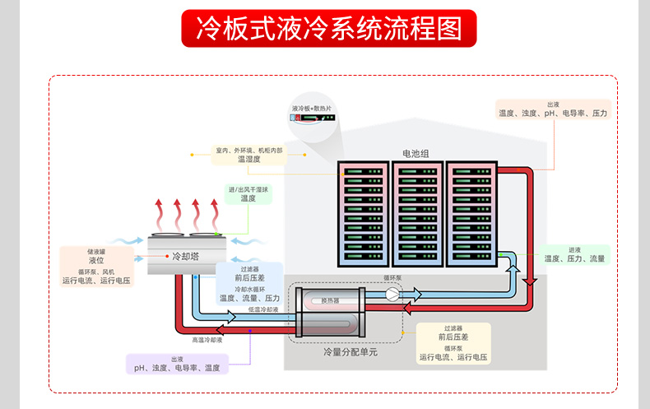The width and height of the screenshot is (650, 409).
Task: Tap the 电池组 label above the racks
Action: coord(416,153)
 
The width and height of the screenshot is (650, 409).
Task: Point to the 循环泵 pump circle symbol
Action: coord(392,295)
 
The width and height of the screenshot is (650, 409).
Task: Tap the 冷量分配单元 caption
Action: coord(351,352)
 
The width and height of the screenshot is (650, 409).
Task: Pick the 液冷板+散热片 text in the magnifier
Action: coord(312,108)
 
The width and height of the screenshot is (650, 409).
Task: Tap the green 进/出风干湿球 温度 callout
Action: coord(248,194)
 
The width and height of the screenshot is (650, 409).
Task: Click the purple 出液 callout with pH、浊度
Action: coord(177,364)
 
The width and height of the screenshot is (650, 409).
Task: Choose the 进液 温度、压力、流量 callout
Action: coord(574,254)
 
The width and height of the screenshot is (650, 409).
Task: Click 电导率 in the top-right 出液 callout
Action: coord(574,113)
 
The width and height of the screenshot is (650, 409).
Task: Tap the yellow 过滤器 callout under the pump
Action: coord(453,343)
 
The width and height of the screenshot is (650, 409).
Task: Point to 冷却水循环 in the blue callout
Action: coord(249,289)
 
